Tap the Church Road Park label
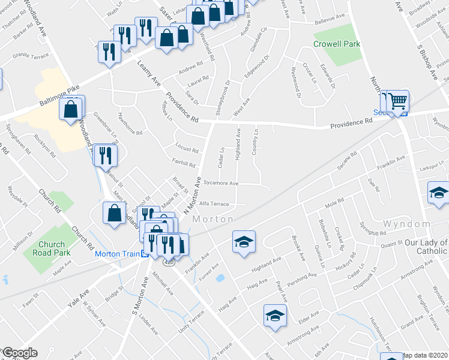tap(55, 248)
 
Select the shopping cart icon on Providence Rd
tap(397, 103)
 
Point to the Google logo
tap(19, 353)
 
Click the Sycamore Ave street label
tap(221, 183)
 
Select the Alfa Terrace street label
tap(214, 204)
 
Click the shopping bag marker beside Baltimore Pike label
tap(71, 110)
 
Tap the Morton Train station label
tap(118, 254)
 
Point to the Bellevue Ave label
tap(330, 17)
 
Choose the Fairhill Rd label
tap(184, 164)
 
